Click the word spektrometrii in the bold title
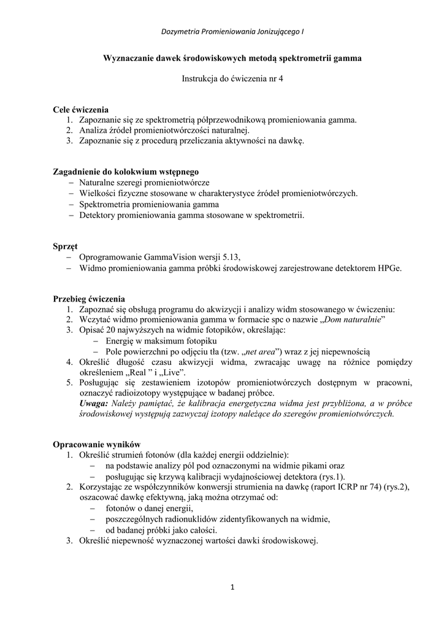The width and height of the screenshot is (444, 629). [302, 58]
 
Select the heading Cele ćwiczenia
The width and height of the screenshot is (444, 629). [81, 109]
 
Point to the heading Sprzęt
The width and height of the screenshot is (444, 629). [66, 246]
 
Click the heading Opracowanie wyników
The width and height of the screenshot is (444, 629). [98, 444]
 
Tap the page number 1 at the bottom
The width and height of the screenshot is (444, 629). [232, 588]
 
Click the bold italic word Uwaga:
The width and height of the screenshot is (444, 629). [93, 404]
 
